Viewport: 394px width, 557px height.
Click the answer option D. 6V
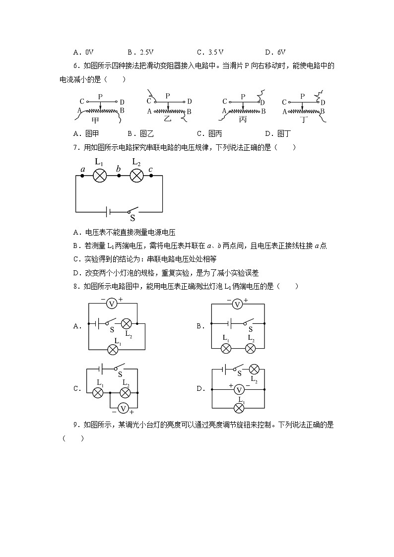pos(275,52)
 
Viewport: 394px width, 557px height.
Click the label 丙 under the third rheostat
pos(243,121)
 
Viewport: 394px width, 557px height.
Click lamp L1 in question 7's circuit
pos(100,175)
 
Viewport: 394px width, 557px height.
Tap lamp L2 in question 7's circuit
pos(136,175)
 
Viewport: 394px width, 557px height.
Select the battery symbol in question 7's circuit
pos(108,212)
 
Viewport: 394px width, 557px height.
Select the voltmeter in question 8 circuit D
pos(238,389)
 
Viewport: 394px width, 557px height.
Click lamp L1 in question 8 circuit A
pos(113,349)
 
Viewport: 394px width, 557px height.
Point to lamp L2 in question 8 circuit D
pos(254,370)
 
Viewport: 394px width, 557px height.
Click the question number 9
pos(77,425)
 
